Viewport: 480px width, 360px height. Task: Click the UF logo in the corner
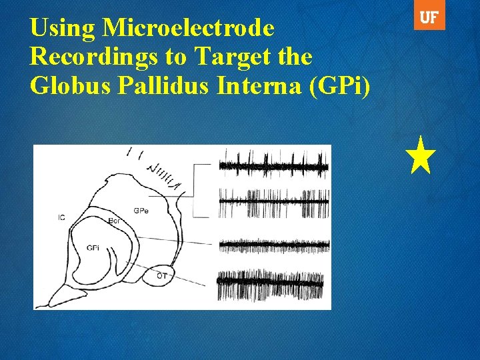click(429, 19)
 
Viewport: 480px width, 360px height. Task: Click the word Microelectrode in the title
click(189, 28)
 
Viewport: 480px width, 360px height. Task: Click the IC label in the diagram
click(61, 218)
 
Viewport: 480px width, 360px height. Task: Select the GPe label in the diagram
click(141, 211)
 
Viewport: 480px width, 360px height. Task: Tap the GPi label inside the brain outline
click(93, 248)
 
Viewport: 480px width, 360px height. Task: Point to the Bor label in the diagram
click(114, 220)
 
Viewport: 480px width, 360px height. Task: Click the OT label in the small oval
click(162, 275)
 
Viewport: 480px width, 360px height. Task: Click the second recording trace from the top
click(274, 202)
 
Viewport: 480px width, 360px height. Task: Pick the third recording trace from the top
click(274, 245)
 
